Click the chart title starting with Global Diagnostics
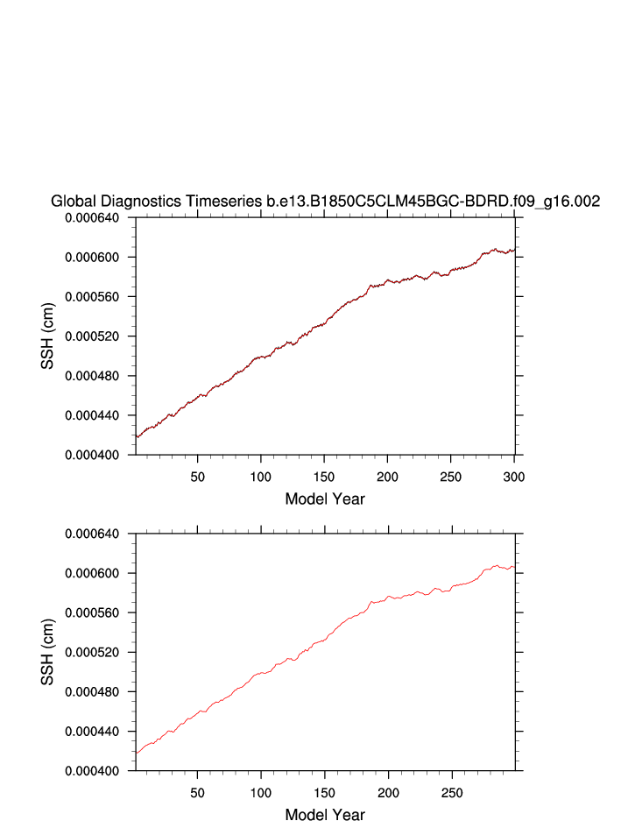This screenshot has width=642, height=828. [x=325, y=202]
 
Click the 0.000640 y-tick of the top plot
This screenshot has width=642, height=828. [x=97, y=218]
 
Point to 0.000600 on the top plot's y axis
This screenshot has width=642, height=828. [x=97, y=258]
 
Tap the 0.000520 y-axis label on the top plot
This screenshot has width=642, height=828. [x=97, y=336]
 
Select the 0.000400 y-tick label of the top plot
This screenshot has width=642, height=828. [x=97, y=455]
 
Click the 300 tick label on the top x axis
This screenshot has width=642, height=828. [x=514, y=476]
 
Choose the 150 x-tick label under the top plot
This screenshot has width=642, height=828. [x=324, y=476]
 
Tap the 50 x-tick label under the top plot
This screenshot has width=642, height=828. [x=198, y=476]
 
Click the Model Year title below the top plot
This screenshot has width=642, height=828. [x=325, y=499]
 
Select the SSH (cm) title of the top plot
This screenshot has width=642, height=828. [x=49, y=336]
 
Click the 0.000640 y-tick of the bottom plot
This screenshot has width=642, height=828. [x=97, y=534]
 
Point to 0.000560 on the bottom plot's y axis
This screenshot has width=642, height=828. [x=97, y=612]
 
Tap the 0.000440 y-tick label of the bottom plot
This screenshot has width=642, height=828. [x=97, y=731]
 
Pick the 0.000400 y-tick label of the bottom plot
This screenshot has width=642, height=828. [x=97, y=770]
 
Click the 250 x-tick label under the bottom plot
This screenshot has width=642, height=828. [x=451, y=791]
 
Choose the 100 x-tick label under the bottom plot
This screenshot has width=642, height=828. [x=261, y=791]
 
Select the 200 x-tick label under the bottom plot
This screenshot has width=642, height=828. [x=387, y=791]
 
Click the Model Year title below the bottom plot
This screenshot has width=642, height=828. [x=325, y=815]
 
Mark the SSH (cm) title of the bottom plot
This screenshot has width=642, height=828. [x=49, y=652]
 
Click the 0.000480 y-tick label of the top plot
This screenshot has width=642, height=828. [x=97, y=376]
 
